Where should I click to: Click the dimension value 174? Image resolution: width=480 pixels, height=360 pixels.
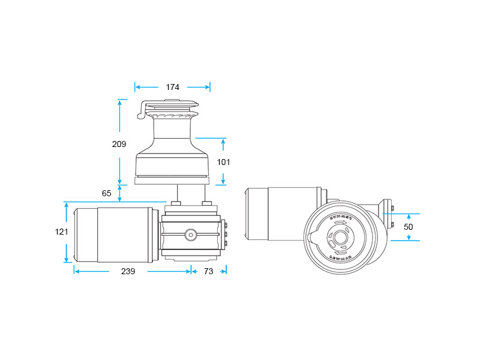click(173, 88)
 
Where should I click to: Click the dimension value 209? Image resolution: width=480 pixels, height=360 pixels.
click(119, 144)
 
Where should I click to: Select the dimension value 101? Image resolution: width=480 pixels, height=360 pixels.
click(223, 162)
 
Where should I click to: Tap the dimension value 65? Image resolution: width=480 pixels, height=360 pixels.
click(107, 193)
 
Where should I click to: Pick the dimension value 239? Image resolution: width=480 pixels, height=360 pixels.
click(128, 271)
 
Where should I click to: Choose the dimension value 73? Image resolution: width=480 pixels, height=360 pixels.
click(209, 271)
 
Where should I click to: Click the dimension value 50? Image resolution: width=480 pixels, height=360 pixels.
click(408, 227)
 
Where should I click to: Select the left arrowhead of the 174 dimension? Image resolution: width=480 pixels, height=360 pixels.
click(137, 88)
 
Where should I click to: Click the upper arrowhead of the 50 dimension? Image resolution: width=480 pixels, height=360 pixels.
click(409, 216)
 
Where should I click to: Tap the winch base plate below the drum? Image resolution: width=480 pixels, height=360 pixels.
click(172, 180)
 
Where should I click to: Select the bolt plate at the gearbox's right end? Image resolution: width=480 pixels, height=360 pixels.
click(224, 235)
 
